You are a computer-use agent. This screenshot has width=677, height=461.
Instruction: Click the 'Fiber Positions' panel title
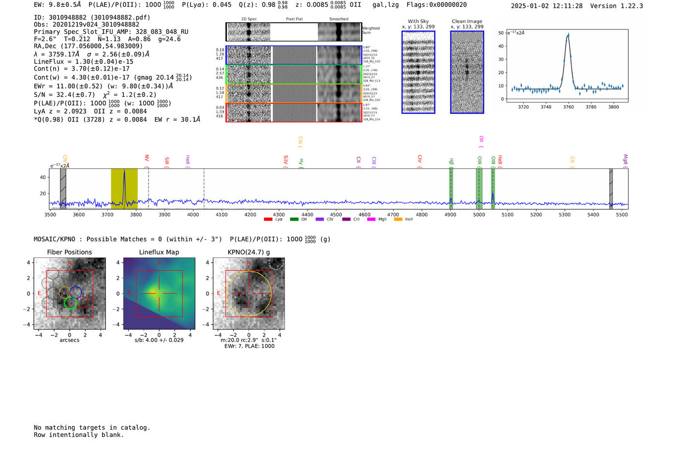click(69, 252)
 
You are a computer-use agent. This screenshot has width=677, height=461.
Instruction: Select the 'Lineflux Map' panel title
click(159, 252)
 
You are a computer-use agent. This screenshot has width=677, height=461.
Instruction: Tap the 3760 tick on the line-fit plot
click(568, 107)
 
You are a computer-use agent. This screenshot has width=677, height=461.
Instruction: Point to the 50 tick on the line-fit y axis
click(501, 33)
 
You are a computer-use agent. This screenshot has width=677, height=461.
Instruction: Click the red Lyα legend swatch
click(268, 220)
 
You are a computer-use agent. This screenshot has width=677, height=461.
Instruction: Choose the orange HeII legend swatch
click(398, 220)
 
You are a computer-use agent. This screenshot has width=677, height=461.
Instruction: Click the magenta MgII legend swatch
click(371, 220)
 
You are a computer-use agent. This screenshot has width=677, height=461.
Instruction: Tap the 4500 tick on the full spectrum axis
click(336, 215)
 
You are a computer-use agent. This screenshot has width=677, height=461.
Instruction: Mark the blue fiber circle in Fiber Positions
click(76, 292)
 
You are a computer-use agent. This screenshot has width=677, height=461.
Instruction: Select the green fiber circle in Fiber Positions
click(71, 303)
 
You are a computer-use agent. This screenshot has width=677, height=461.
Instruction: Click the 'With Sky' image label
click(418, 21)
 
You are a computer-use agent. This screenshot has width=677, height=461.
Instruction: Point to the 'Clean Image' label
click(467, 21)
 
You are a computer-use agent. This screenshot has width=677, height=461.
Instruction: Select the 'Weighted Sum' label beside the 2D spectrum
click(371, 30)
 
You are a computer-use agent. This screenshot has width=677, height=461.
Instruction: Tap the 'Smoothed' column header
click(338, 19)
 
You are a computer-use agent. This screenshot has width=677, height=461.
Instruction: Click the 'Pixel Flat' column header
click(294, 19)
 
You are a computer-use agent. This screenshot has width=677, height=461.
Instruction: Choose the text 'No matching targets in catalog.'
click(92, 428)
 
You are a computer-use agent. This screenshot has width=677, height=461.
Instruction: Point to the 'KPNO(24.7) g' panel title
click(249, 252)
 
